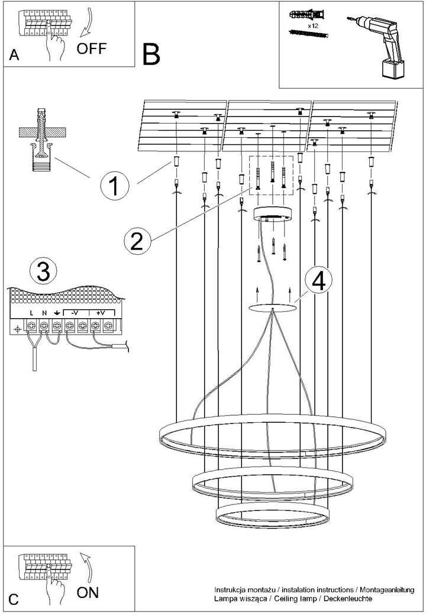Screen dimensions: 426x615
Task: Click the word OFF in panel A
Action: pyautogui.click(x=91, y=48)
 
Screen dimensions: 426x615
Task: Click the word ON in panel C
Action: pyautogui.click(x=88, y=593)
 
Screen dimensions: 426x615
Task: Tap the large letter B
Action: pyautogui.click(x=151, y=54)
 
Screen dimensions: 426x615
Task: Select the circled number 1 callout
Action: pyautogui.click(x=114, y=186)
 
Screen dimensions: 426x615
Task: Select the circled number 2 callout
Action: pyautogui.click(x=137, y=241)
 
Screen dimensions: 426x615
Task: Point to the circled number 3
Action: pyautogui.click(x=43, y=271)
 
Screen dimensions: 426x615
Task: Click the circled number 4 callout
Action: pyautogui.click(x=318, y=280)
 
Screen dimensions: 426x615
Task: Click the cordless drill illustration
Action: pyautogui.click(x=377, y=46)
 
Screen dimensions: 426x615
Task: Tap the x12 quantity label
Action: pyautogui.click(x=312, y=25)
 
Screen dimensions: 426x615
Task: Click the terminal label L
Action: pyautogui.click(x=31, y=313)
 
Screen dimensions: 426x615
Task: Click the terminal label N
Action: pyautogui.click(x=44, y=313)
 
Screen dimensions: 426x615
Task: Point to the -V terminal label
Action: pyautogui.click(x=75, y=313)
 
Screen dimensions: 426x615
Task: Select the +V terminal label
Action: pyautogui.click(x=100, y=313)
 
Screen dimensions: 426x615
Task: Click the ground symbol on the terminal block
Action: pyautogui.click(x=57, y=313)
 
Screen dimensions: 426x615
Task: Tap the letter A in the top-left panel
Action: pyautogui.click(x=14, y=56)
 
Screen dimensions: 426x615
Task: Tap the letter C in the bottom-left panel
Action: pyautogui.click(x=14, y=600)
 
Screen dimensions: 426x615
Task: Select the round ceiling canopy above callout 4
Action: pyautogui.click(x=273, y=213)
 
